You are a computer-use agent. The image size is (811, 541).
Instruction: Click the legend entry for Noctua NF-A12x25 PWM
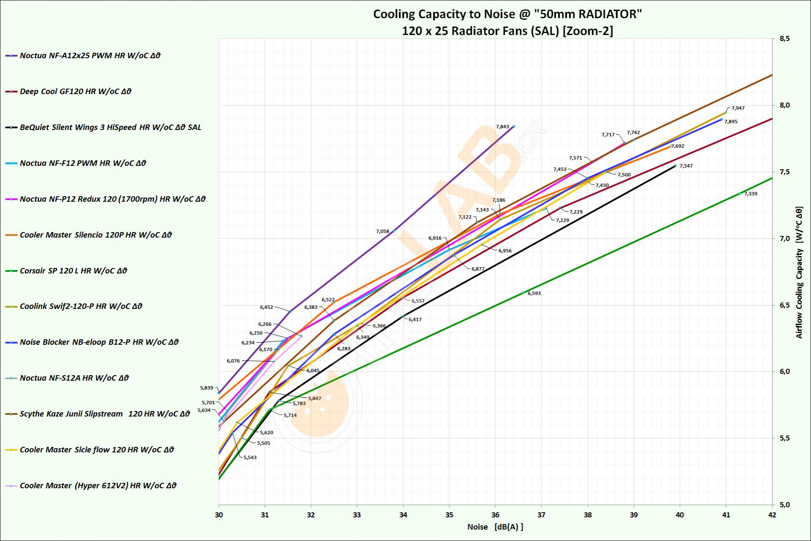click(x=90, y=56)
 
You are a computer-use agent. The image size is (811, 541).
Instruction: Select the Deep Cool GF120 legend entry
click(x=75, y=92)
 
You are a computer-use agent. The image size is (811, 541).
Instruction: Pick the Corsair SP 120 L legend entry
click(x=73, y=271)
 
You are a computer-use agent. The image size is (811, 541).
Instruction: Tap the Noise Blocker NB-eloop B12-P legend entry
click(x=99, y=342)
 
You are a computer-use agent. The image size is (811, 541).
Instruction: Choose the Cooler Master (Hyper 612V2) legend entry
click(x=98, y=486)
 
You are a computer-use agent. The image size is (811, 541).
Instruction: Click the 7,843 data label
click(x=502, y=127)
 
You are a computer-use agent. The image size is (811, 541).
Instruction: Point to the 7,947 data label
click(x=738, y=108)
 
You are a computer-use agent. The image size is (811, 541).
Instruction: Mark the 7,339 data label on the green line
click(x=751, y=194)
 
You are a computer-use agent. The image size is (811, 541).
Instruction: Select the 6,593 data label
click(x=534, y=293)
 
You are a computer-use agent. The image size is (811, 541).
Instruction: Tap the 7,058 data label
click(x=382, y=231)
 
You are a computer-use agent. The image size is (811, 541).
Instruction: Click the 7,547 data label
click(x=686, y=166)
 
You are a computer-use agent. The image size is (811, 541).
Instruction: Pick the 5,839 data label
click(x=207, y=388)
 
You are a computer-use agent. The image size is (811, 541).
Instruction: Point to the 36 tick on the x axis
click(x=495, y=515)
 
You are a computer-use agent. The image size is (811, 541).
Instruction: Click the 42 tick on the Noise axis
click(x=772, y=515)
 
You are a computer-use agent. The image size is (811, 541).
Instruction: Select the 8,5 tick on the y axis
click(x=784, y=39)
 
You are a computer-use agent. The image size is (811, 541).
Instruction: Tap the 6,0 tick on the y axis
click(x=784, y=372)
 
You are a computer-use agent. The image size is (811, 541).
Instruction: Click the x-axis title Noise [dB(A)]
click(x=495, y=527)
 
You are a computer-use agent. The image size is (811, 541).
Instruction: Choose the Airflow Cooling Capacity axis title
click(x=799, y=272)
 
